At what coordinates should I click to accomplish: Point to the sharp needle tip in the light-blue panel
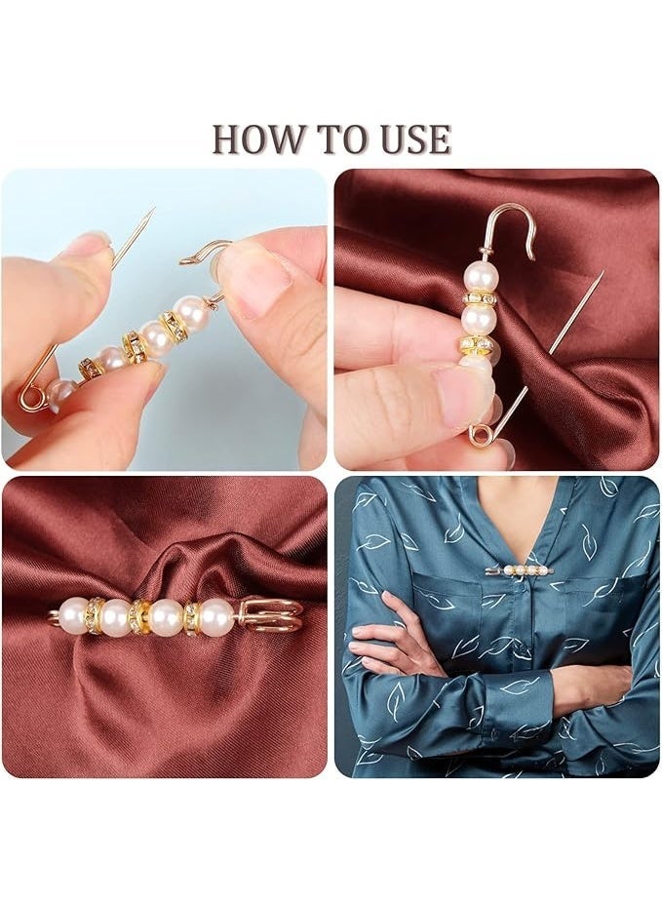coord(154,209)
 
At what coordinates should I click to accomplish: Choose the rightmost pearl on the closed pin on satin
coord(217,616)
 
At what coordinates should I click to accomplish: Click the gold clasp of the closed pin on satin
coord(267,616)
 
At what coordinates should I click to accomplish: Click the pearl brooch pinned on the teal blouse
coord(521,570)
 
